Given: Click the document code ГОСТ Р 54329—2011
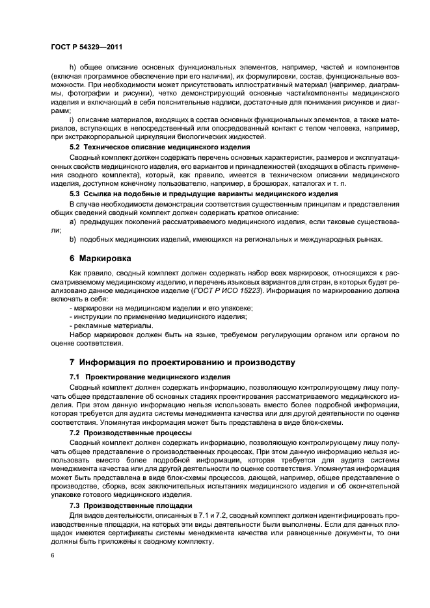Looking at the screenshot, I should pyautogui.click(x=87, y=47).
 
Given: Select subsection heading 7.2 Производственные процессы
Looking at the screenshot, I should pyautogui.click(x=130, y=432).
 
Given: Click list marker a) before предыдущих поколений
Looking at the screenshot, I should pyautogui.click(x=72, y=222).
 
